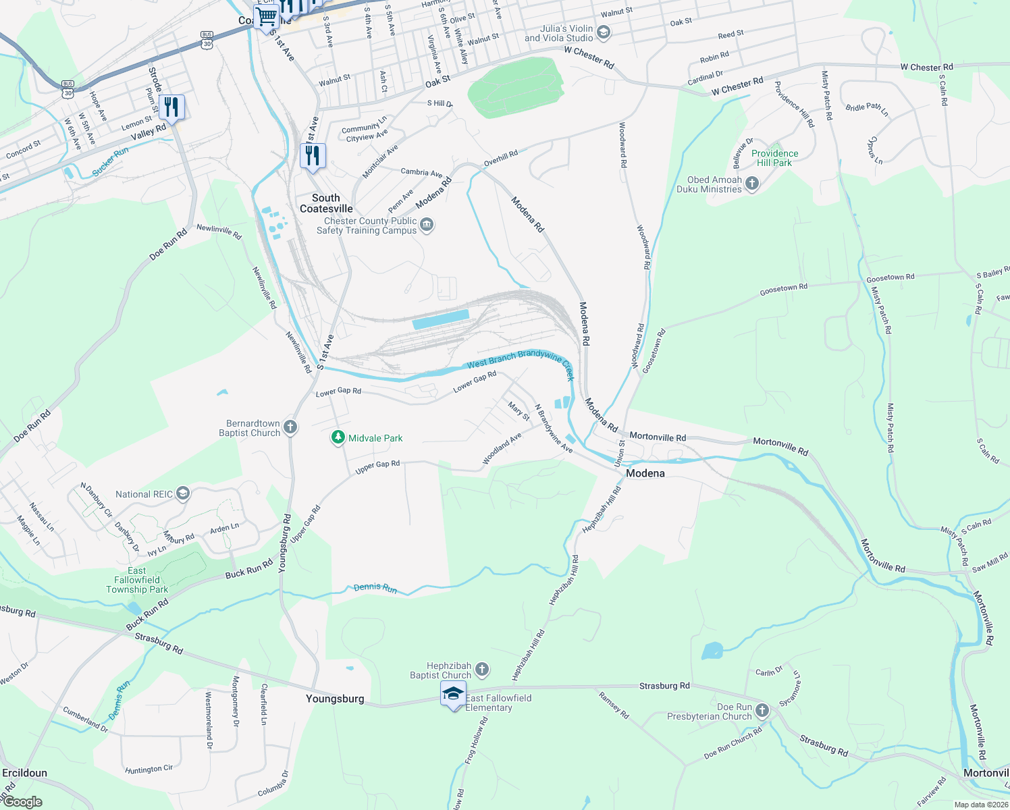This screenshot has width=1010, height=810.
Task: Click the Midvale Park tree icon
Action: (338, 438)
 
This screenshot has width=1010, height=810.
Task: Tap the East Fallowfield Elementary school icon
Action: (453, 693)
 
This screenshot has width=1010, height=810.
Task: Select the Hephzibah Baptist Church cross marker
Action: (481, 670)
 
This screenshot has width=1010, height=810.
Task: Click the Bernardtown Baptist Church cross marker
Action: (290, 427)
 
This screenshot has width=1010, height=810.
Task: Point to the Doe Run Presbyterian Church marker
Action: (762, 710)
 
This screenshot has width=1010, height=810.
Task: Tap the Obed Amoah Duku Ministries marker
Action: (752, 184)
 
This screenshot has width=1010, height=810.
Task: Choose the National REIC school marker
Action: (182, 493)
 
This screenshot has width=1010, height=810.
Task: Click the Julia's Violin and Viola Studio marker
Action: (604, 32)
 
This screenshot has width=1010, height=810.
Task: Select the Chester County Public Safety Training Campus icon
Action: (426, 225)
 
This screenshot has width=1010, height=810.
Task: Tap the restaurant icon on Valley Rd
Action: (172, 107)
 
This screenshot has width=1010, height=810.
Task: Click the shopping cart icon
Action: (266, 16)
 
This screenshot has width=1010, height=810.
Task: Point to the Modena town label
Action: (645, 473)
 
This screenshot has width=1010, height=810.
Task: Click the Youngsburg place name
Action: (335, 699)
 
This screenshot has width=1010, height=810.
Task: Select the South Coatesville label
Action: (326, 203)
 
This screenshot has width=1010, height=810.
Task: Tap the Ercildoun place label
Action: (25, 773)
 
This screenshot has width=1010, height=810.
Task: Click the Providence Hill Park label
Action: (774, 158)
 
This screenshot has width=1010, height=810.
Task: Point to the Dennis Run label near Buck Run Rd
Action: (375, 587)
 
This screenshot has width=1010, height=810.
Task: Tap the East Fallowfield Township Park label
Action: (137, 580)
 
